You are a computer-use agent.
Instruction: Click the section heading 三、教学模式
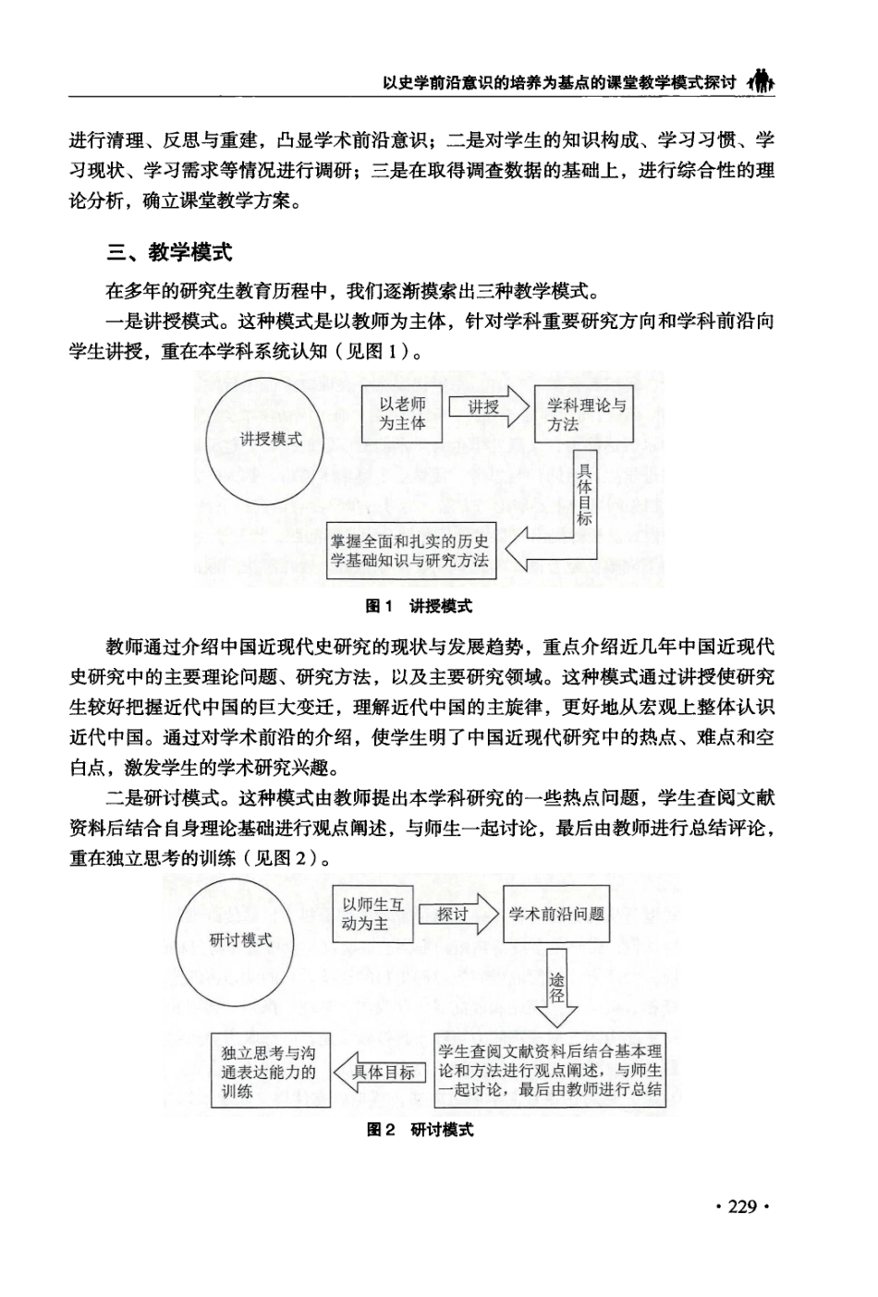pyautogui.click(x=170, y=252)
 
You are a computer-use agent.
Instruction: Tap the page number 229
pyautogui.click(x=741, y=1206)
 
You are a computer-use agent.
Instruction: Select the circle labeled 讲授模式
pyautogui.click(x=270, y=438)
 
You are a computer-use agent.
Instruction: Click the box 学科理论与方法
pyautogui.click(x=585, y=414)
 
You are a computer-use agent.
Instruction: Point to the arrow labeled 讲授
pyautogui.click(x=489, y=407)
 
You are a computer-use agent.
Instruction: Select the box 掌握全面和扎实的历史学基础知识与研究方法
pyautogui.click(x=410, y=551)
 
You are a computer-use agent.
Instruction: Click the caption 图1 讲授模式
pyautogui.click(x=419, y=606)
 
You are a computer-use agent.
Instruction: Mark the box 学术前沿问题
pyautogui.click(x=556, y=915)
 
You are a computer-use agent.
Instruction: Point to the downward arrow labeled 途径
pyautogui.click(x=556, y=988)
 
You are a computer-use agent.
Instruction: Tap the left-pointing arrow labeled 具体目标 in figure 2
pyautogui.click(x=382, y=1073)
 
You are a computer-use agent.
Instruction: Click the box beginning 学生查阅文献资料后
pyautogui.click(x=550, y=1071)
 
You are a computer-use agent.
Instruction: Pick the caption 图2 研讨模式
pyautogui.click(x=420, y=1130)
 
